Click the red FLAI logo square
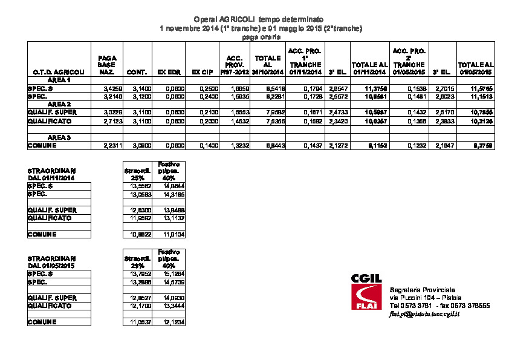(x=366, y=297)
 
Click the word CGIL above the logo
(x=366, y=278)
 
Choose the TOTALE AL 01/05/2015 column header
(x=476, y=68)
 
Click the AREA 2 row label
(x=59, y=104)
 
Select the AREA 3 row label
(x=59, y=137)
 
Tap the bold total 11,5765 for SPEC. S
(x=482, y=88)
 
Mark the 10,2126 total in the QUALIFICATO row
(x=482, y=121)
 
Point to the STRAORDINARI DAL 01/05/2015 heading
(x=52, y=261)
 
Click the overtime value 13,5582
(x=140, y=187)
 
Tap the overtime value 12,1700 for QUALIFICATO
(x=140, y=306)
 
